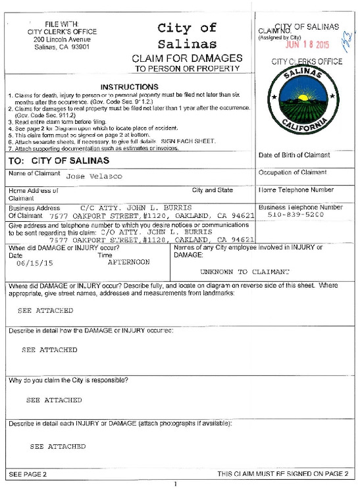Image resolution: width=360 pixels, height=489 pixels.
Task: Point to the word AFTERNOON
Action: coord(128,261)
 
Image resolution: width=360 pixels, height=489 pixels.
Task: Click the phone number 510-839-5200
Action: coord(301,215)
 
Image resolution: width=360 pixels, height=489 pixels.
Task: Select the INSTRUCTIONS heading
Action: coord(130,86)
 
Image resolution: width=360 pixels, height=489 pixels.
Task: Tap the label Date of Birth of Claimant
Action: coord(293,155)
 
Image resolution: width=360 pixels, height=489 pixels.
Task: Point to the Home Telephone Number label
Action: coord(296,190)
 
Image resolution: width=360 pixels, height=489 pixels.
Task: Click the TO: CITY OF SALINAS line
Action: coord(59,161)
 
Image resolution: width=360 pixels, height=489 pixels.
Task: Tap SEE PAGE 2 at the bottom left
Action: coord(27,474)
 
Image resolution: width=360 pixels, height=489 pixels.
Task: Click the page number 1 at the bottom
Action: coord(176,484)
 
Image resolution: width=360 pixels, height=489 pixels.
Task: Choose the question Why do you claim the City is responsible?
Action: coord(68,380)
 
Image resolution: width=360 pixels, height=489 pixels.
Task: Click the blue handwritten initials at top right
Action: coord(347,43)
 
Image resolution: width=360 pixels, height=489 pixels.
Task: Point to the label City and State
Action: coord(213,190)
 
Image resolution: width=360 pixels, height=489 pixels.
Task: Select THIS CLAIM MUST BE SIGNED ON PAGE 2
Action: coord(283,474)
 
